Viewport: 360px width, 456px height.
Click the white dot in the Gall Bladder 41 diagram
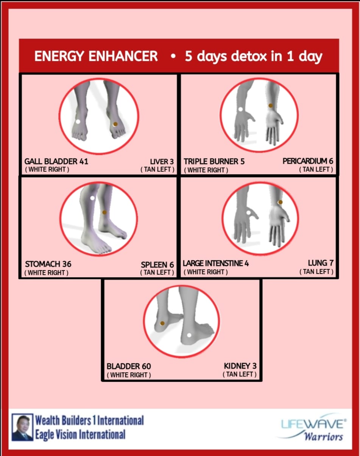pyautogui.click(x=78, y=122)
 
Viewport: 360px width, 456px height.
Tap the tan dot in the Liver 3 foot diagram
pyautogui.click(x=115, y=124)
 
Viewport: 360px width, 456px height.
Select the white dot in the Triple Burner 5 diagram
pyautogui.click(x=240, y=109)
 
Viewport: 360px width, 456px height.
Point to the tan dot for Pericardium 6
pyautogui.click(x=270, y=106)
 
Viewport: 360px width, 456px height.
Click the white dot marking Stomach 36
pyautogui.click(x=92, y=198)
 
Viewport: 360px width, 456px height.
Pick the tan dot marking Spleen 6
pyautogui.click(x=104, y=212)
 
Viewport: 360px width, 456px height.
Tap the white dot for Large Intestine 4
pyautogui.click(x=249, y=212)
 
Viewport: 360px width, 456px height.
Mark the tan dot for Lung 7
pyautogui.click(x=280, y=202)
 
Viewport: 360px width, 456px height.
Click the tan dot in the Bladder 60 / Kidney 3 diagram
pyautogui.click(x=162, y=323)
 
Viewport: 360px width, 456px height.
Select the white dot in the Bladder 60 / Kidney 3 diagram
pyautogui.click(x=189, y=335)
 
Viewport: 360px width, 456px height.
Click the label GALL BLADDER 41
pyautogui.click(x=56, y=161)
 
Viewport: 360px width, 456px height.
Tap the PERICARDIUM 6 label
pyautogui.click(x=308, y=161)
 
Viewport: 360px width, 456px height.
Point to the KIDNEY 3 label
pyautogui.click(x=240, y=366)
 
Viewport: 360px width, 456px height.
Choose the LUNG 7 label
pyautogui.click(x=321, y=263)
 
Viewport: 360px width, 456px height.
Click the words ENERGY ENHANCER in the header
pyautogui.click(x=96, y=56)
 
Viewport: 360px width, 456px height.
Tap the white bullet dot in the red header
pyautogui.click(x=173, y=56)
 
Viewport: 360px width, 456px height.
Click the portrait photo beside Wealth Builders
pyautogui.click(x=22, y=427)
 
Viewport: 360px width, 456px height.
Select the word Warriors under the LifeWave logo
pyautogui.click(x=323, y=437)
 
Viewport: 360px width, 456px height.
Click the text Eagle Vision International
pyautogui.click(x=80, y=434)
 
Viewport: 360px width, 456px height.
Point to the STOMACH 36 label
pyautogui.click(x=48, y=264)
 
